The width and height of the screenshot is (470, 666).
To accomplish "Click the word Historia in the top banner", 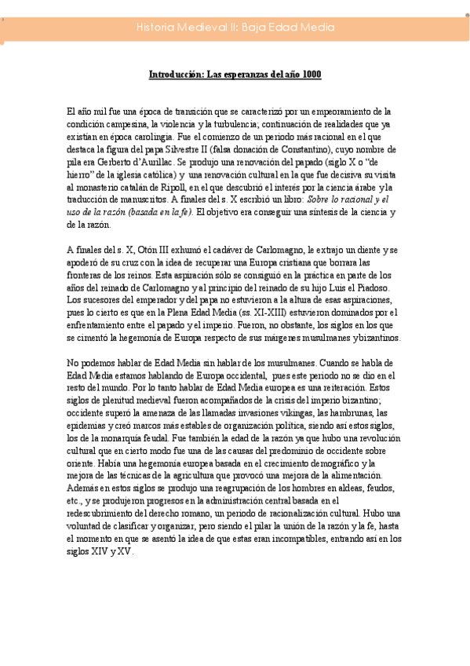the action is [155, 27].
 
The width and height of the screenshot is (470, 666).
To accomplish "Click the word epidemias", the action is [90, 426].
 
